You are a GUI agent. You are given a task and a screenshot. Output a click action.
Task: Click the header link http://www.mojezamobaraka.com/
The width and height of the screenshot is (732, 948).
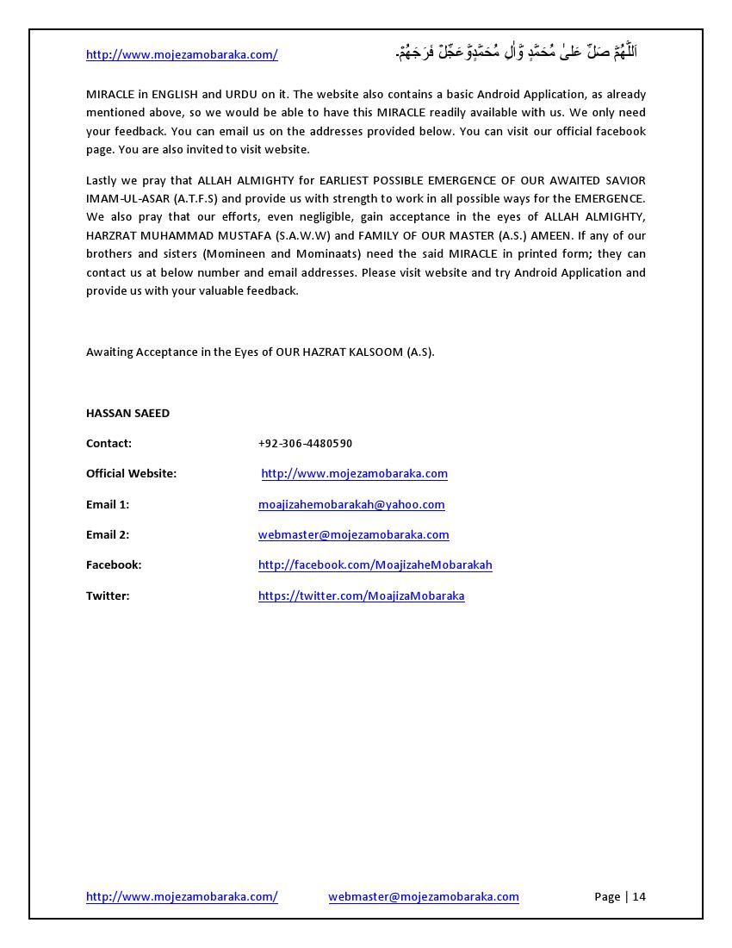[182, 54]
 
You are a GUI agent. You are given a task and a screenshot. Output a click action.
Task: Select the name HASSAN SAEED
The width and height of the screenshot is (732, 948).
[127, 413]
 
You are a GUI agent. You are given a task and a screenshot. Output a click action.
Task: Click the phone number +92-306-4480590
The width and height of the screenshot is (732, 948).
[305, 443]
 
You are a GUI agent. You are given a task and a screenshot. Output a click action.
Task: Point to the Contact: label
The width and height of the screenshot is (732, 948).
[109, 443]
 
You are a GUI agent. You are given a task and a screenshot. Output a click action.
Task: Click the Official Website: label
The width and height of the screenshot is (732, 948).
[131, 473]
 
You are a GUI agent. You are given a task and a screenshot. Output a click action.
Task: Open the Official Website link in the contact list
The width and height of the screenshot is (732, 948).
[354, 473]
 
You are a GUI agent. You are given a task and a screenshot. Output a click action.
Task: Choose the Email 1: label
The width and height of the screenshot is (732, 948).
[108, 504]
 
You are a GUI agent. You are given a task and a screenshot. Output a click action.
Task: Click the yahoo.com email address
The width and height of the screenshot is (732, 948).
[351, 504]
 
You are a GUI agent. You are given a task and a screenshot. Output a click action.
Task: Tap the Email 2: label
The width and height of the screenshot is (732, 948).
[108, 534]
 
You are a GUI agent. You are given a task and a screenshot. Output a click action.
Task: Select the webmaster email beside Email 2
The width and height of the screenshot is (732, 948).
[353, 534]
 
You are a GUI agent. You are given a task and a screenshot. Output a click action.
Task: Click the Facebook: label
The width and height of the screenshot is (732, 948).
[114, 564]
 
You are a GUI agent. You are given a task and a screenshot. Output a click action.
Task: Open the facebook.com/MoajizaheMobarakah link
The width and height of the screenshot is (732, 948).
[375, 564]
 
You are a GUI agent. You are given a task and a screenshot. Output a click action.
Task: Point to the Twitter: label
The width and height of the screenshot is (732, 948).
[108, 596]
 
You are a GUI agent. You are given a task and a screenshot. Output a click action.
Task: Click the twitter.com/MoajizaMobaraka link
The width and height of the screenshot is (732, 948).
[361, 596]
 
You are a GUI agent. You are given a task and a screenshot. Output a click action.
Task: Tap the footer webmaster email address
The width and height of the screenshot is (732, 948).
[423, 896]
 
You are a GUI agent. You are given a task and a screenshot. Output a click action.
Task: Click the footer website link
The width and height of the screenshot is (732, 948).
[182, 896]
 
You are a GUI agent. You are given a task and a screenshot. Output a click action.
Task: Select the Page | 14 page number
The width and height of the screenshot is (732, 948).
[619, 896]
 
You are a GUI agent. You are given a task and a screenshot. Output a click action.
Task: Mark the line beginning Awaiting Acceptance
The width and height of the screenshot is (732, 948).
[260, 352]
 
